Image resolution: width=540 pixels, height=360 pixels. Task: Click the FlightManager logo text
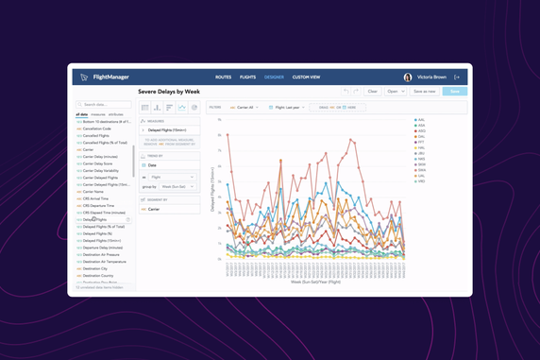111,77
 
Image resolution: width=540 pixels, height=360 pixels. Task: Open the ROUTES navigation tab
223,77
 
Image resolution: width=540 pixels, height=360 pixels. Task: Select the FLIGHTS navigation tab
247,77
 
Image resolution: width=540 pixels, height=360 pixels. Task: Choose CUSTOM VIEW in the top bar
306,77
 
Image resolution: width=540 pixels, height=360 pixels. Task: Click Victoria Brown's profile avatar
408,77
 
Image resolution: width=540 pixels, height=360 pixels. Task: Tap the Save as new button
424,92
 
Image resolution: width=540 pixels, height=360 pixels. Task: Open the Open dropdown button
395,92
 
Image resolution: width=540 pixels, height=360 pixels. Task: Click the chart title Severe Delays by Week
169,92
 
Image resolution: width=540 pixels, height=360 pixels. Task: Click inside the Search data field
106,105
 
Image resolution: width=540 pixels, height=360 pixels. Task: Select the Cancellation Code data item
97,129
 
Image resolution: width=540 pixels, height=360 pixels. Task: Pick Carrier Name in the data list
94,191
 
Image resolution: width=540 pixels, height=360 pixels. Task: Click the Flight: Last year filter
287,108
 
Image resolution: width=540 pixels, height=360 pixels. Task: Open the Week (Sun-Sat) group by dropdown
178,186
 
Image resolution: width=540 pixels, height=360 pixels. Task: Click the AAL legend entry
420,120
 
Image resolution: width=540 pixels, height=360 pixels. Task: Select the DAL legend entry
420,136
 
